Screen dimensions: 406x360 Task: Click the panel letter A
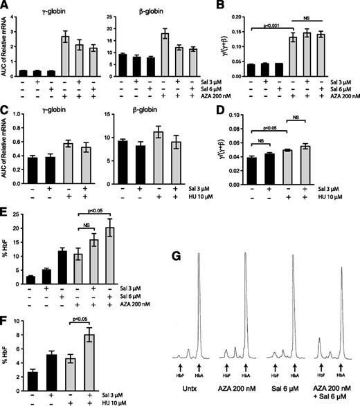click(x=6, y=6)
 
